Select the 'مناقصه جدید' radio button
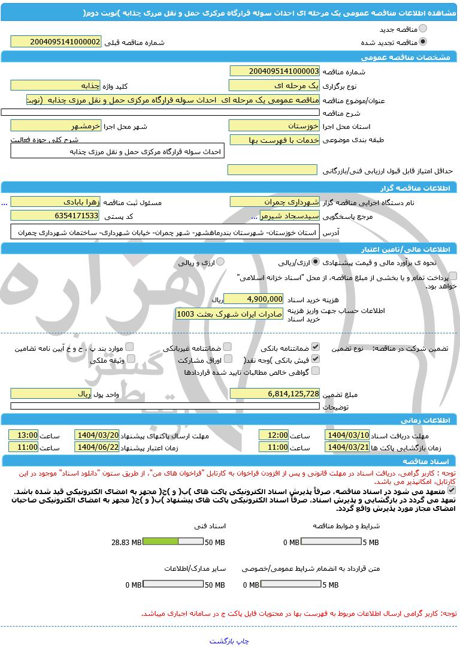click(423, 28)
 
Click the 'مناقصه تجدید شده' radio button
click(423, 42)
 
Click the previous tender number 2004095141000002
click(56, 41)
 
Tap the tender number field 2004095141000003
click(274, 71)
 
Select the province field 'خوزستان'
click(274, 126)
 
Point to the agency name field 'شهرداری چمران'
click(274, 201)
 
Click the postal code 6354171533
click(56, 215)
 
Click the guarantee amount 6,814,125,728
click(274, 393)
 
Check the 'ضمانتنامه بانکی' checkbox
click(316, 347)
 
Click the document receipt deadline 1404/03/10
click(347, 435)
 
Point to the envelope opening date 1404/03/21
click(347, 447)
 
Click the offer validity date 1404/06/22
click(96, 447)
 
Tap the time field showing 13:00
click(23, 435)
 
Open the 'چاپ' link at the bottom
click(243, 640)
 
